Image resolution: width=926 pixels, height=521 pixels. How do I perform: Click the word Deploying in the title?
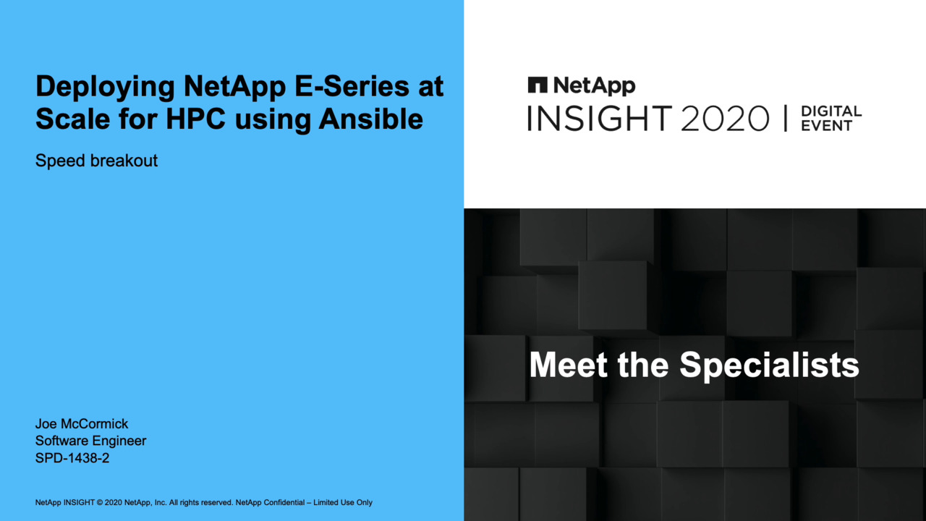click(106, 88)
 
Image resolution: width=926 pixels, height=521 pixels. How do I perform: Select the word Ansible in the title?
click(371, 119)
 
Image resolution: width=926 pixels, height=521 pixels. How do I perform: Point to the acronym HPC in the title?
click(195, 119)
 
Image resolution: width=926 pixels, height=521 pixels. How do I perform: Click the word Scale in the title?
click(73, 119)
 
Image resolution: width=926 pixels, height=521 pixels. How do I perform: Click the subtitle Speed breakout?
click(96, 161)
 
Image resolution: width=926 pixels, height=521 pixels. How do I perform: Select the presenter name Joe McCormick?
click(82, 424)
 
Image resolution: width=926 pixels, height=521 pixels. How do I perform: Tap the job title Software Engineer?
click(90, 441)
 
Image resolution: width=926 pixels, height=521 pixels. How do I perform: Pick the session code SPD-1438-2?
click(72, 458)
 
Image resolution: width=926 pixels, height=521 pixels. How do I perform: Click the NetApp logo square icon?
click(538, 85)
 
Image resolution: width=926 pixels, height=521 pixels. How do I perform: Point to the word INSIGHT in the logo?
click(600, 118)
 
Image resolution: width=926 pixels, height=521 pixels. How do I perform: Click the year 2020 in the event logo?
click(725, 118)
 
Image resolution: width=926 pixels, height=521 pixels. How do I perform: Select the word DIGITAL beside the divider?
click(831, 111)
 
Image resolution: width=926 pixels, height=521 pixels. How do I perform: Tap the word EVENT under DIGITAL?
click(827, 126)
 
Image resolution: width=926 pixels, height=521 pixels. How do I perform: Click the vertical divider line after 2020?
click(786, 119)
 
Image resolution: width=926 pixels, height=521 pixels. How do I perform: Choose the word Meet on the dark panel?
click(569, 365)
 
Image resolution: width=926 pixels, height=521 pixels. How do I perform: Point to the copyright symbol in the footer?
click(100, 503)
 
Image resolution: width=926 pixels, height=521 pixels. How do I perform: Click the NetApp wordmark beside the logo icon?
click(594, 86)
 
